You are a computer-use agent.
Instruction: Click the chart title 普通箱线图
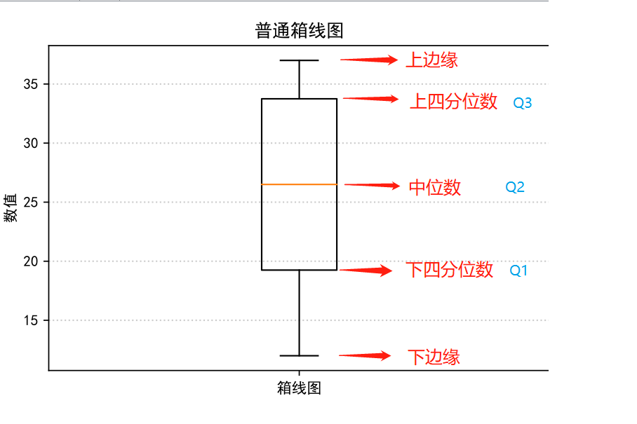pyautogui.click(x=299, y=31)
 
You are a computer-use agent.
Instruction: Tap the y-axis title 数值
pyautogui.click(x=11, y=208)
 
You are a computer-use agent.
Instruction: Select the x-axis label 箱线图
pyautogui.click(x=299, y=388)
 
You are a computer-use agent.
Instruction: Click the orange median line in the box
pyautogui.click(x=299, y=184)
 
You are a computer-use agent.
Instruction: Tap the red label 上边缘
pyautogui.click(x=432, y=60)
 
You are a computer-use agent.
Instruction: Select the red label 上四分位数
pyautogui.click(x=454, y=102)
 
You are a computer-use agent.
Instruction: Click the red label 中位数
pyautogui.click(x=435, y=187)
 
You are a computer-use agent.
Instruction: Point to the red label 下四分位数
pyautogui.click(x=450, y=270)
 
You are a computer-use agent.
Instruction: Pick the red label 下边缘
pyautogui.click(x=434, y=357)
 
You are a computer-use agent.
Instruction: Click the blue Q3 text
pyautogui.click(x=523, y=103)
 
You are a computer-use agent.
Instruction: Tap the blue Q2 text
pyautogui.click(x=515, y=187)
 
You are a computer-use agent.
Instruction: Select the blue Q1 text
pyautogui.click(x=518, y=271)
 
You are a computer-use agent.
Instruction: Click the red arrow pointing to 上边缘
pyautogui.click(x=370, y=60)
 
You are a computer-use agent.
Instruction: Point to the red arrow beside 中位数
pyautogui.click(x=372, y=185)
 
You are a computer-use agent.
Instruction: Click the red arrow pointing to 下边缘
pyautogui.click(x=366, y=356)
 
